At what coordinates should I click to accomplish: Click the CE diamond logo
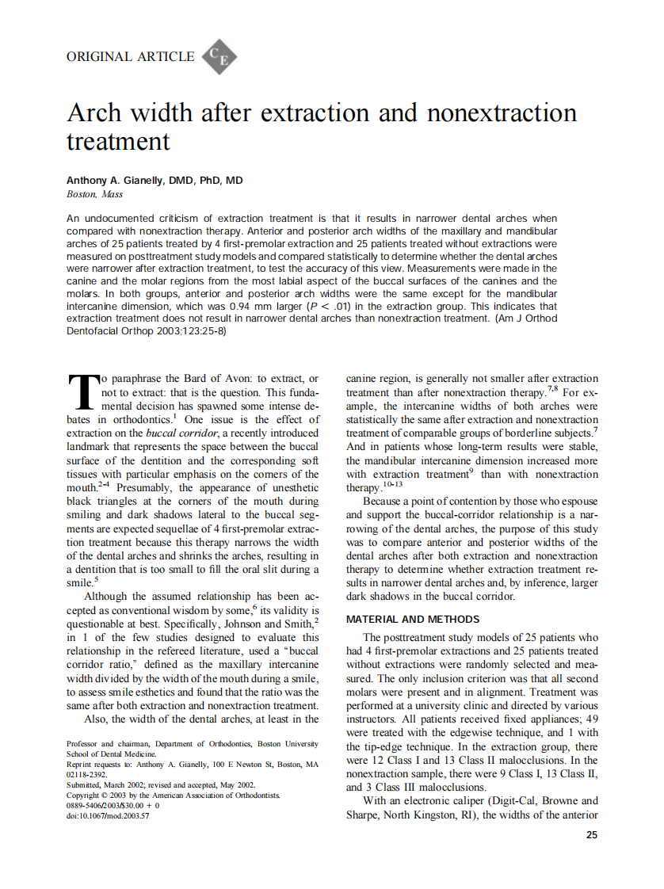[219, 56]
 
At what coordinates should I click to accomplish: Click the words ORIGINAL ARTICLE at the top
[131, 56]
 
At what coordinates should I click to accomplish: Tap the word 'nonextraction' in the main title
[502, 113]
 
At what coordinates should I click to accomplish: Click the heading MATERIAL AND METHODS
[412, 619]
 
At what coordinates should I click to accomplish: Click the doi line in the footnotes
[108, 815]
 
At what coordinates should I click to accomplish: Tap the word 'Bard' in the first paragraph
[198, 379]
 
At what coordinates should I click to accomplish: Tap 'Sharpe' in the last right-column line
[366, 815]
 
